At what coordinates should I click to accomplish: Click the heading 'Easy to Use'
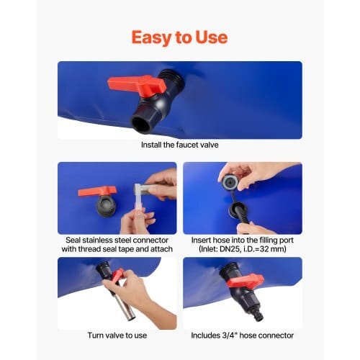pyautogui.click(x=179, y=37)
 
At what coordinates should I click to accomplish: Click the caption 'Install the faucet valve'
pyautogui.click(x=180, y=145)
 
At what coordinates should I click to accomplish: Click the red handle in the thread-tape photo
pyautogui.click(x=97, y=192)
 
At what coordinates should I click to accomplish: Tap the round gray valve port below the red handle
pyautogui.click(x=107, y=206)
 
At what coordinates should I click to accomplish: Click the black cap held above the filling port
pyautogui.click(x=229, y=182)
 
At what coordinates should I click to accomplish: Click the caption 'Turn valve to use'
pyautogui.click(x=117, y=336)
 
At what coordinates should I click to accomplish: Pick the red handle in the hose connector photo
pyautogui.click(x=245, y=281)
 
